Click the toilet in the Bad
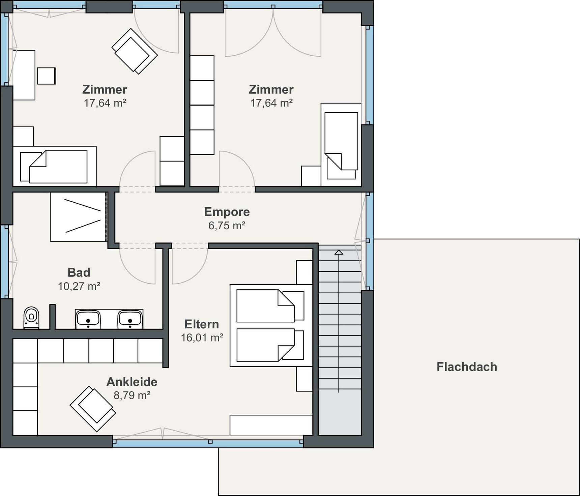(x=31, y=317)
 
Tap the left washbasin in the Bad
(x=88, y=319)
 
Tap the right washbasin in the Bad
(x=130, y=319)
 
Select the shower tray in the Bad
(x=78, y=217)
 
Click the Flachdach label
(x=467, y=367)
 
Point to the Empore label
(x=227, y=212)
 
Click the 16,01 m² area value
(x=202, y=338)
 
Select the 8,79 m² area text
(x=132, y=395)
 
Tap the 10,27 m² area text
(x=79, y=286)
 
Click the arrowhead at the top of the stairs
(x=339, y=252)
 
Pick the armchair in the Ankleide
(x=93, y=409)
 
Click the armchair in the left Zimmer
(x=135, y=51)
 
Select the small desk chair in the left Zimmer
(x=47, y=76)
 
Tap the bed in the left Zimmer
(x=55, y=166)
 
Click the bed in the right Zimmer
(x=341, y=145)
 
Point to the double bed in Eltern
(x=271, y=325)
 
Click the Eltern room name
(x=202, y=324)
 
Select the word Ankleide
(x=132, y=382)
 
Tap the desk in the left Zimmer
(x=24, y=75)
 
